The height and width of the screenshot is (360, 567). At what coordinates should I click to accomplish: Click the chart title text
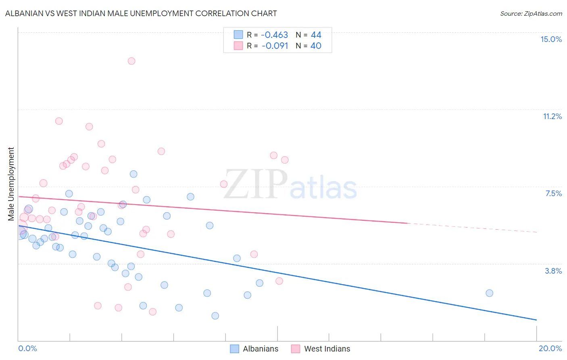tap(141, 13)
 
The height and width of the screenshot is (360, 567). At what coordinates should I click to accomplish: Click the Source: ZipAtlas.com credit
tap(531, 13)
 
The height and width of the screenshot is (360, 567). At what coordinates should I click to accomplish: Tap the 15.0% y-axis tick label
tap(551, 39)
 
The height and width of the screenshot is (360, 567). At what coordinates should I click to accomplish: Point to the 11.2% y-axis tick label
tap(552, 116)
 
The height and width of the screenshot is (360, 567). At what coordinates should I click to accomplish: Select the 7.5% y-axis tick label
tap(553, 193)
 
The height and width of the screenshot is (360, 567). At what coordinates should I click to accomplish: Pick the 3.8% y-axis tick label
tap(553, 271)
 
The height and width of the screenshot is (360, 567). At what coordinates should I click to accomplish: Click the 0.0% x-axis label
tap(27, 348)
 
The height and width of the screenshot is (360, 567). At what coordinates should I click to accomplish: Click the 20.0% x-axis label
tap(550, 348)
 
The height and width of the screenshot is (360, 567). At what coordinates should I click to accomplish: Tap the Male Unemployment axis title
tap(11, 184)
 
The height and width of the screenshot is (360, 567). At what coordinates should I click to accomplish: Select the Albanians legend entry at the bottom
tap(254, 349)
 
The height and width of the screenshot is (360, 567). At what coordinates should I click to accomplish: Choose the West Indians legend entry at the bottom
tap(321, 349)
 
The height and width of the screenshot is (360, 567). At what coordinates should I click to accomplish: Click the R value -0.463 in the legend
tap(275, 35)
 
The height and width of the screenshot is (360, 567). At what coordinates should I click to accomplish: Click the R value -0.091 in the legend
tap(275, 46)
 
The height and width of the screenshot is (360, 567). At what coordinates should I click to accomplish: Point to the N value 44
tap(316, 35)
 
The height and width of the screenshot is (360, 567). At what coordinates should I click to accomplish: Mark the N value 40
tap(316, 46)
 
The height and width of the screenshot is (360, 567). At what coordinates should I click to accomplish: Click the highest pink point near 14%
tap(131, 61)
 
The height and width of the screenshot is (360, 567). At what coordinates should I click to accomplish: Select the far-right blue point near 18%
tap(489, 293)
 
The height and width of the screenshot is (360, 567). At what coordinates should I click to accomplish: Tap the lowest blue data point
tap(215, 316)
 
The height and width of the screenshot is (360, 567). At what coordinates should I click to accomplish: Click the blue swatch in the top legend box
tap(238, 35)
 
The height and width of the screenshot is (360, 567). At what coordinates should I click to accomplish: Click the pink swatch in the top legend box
tap(238, 46)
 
